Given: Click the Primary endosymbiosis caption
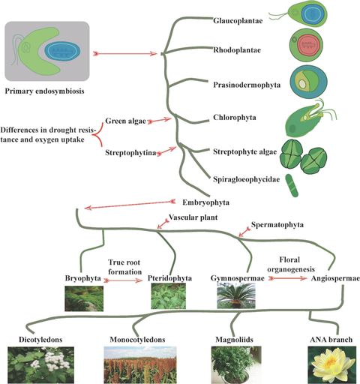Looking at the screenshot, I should coord(46,91).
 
